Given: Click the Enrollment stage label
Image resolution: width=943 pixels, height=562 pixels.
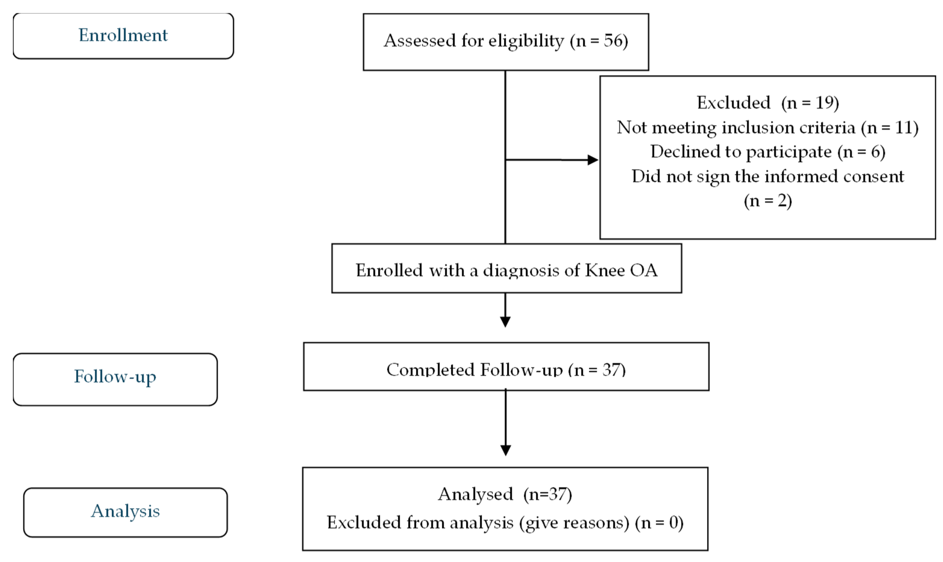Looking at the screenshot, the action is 123,35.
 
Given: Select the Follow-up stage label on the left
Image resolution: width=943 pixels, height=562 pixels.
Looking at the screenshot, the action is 115,376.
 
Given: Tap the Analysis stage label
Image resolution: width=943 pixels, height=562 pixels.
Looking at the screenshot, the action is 125,511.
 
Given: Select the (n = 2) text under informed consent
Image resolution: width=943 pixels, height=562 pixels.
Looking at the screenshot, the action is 768,200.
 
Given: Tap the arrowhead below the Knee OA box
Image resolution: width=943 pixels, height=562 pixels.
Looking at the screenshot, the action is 505,322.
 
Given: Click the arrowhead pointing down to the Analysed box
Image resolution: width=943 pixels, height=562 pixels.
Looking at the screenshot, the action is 506,450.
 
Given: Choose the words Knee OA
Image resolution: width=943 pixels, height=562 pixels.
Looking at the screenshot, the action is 622,270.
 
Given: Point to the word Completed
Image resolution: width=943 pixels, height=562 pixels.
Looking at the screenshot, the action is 431,370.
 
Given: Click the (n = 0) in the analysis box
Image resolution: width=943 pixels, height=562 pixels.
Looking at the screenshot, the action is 659,523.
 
